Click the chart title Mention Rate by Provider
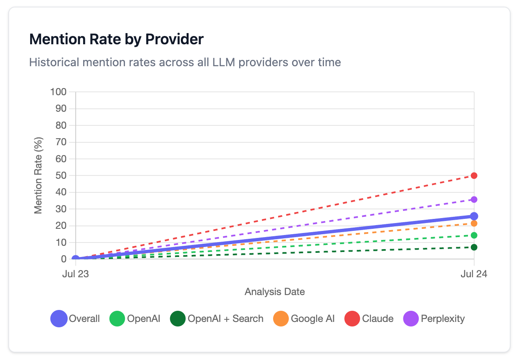pos(116,39)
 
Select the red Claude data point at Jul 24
pos(474,175)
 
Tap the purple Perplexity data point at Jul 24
pos(474,199)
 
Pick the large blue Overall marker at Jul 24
pos(474,216)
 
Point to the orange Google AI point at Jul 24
pos(474,223)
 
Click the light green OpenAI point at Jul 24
pos(474,235)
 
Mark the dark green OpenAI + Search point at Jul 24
pos(474,247)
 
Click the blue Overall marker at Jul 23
pos(76,259)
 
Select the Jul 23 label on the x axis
pos(75,274)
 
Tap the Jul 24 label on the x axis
pos(474,274)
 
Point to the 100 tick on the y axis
pos(58,91)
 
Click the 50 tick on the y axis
pos(61,175)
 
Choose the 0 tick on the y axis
pos(63,259)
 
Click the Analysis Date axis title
pos(275,292)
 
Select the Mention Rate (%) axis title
pos(38,175)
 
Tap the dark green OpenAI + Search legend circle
pos(178,319)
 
